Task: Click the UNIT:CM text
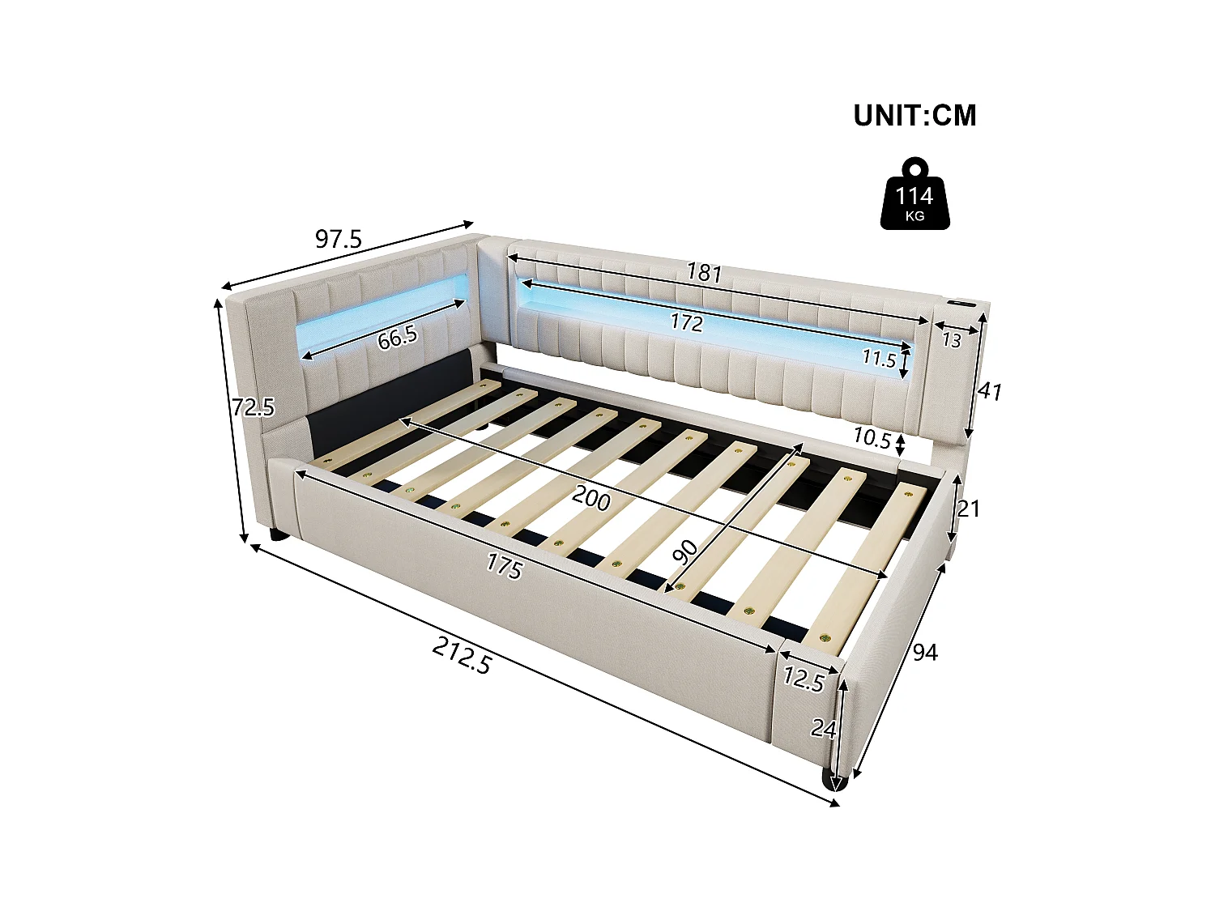pyautogui.click(x=914, y=116)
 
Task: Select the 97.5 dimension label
pyautogui.click(x=338, y=240)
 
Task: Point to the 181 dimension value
pyautogui.click(x=704, y=273)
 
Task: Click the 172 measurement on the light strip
pyautogui.click(x=686, y=323)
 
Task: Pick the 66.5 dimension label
pyautogui.click(x=397, y=337)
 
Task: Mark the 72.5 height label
pyautogui.click(x=253, y=407)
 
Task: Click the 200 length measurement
pyautogui.click(x=591, y=499)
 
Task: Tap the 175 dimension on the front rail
pyautogui.click(x=504, y=566)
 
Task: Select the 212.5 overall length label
pyautogui.click(x=462, y=655)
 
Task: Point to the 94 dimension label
pyautogui.click(x=925, y=652)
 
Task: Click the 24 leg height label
pyautogui.click(x=823, y=730)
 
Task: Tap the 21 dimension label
pyautogui.click(x=968, y=509)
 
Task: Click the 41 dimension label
pyautogui.click(x=989, y=392)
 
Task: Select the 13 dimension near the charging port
pyautogui.click(x=951, y=340)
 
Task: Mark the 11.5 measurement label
pyautogui.click(x=878, y=358)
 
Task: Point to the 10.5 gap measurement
pyautogui.click(x=872, y=438)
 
